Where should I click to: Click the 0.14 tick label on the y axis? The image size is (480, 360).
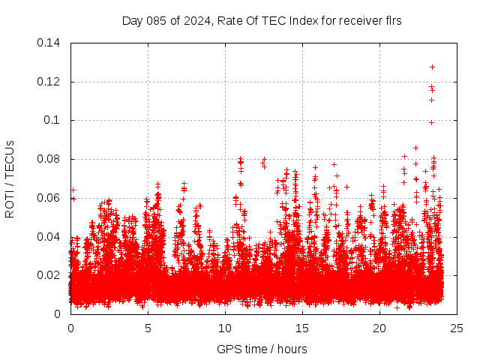point(49,42)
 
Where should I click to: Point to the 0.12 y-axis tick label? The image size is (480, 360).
point(49,81)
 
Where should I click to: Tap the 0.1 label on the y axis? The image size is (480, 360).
point(52,120)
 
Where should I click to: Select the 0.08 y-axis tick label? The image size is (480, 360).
point(49,159)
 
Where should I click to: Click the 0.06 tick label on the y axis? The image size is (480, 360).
point(49,198)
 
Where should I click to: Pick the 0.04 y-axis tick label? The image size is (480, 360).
point(49,237)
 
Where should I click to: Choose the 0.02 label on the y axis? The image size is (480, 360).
point(49,275)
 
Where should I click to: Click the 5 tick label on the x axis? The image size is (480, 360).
point(148,328)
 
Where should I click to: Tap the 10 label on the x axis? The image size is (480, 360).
point(225,328)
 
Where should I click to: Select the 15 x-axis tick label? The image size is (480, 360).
point(302,328)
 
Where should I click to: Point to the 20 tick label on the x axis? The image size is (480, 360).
point(379,328)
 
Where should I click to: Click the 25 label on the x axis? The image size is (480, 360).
point(457,328)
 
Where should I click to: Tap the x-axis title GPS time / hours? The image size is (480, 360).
point(263,349)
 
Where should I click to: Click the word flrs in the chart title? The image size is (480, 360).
point(392,20)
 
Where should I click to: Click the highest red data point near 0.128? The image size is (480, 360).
point(432,67)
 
